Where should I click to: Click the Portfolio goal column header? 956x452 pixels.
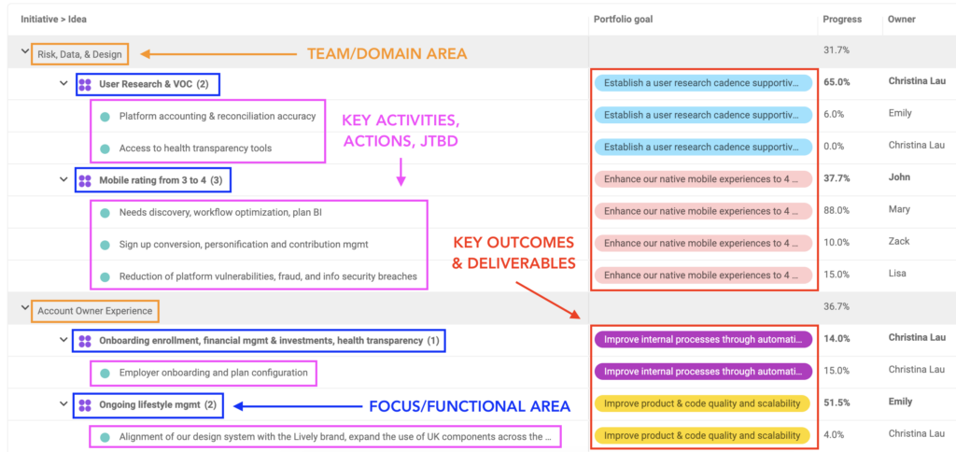pos(623,20)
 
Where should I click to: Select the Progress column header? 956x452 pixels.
pos(842,20)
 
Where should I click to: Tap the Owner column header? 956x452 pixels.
pos(901,20)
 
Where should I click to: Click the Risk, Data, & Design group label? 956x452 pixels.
pos(80,54)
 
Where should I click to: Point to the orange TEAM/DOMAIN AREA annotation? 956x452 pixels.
pos(387,53)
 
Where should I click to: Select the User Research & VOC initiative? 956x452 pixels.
pos(154,84)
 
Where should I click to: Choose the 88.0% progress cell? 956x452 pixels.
pos(836,210)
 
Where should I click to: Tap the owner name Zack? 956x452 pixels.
pos(899,241)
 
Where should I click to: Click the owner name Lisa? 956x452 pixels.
pos(897,274)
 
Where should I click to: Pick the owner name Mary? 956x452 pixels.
pos(899,209)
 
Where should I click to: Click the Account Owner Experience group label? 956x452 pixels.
pos(95,311)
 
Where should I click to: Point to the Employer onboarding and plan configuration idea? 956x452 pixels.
pos(214,372)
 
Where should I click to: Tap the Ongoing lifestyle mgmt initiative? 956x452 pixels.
pos(157,404)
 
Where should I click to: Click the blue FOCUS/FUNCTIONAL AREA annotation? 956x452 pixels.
pos(470,406)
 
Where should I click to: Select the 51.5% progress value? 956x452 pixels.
pos(836,402)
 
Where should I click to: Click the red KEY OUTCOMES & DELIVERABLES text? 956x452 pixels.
pos(514,253)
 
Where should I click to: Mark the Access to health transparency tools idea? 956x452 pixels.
pos(196,148)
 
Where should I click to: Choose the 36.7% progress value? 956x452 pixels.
pos(836,306)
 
